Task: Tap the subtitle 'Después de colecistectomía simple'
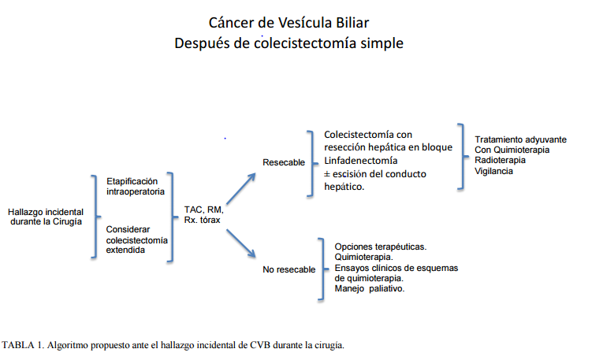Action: tap(288, 42)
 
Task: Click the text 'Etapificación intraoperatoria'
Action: tap(136, 187)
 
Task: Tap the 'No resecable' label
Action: tap(288, 269)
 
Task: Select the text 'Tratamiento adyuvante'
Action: tap(520, 139)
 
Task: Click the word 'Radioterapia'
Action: tap(501, 160)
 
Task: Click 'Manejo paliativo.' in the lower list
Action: tap(370, 288)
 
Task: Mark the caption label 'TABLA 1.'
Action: tap(23, 344)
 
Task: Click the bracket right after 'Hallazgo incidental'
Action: tap(95, 216)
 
